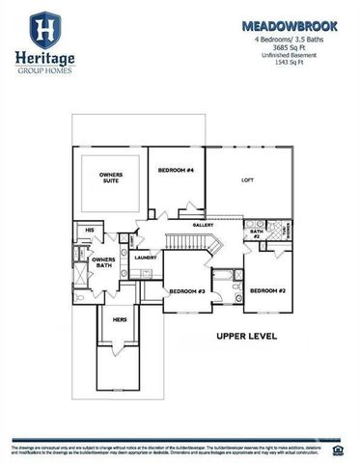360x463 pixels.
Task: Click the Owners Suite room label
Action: (x=110, y=179)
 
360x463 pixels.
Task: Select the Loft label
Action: (x=247, y=180)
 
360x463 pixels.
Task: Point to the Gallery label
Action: (x=203, y=225)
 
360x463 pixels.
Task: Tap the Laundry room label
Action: (x=146, y=258)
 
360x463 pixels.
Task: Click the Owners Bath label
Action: (x=103, y=263)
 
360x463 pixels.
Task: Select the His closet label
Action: (x=88, y=231)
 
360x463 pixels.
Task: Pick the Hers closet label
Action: (x=120, y=319)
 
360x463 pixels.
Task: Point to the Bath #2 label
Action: (x=256, y=234)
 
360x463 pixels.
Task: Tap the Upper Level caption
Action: (x=246, y=337)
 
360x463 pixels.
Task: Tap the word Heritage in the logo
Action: (x=42, y=58)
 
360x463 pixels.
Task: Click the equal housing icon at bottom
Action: (x=339, y=449)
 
